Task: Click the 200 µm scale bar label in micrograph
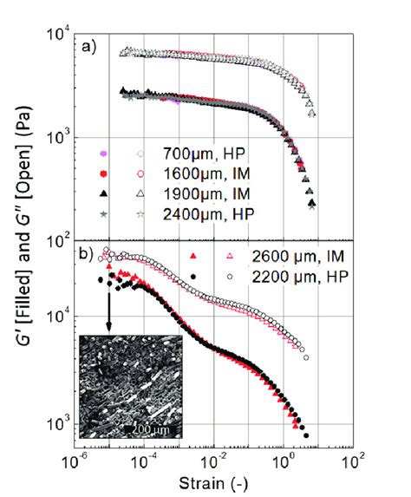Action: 139,428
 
